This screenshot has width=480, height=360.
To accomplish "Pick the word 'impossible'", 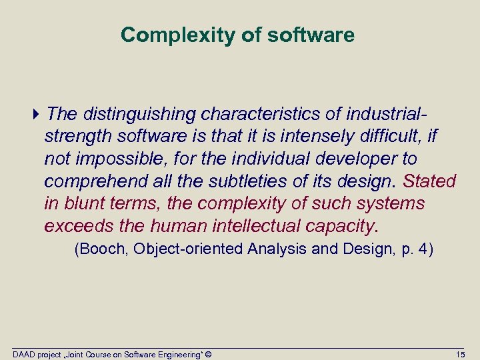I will [119, 159].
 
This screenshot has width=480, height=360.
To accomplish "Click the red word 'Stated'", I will [430, 181].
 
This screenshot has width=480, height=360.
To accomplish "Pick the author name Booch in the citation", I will [99, 249].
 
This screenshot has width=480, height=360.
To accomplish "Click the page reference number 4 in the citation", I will [425, 249].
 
